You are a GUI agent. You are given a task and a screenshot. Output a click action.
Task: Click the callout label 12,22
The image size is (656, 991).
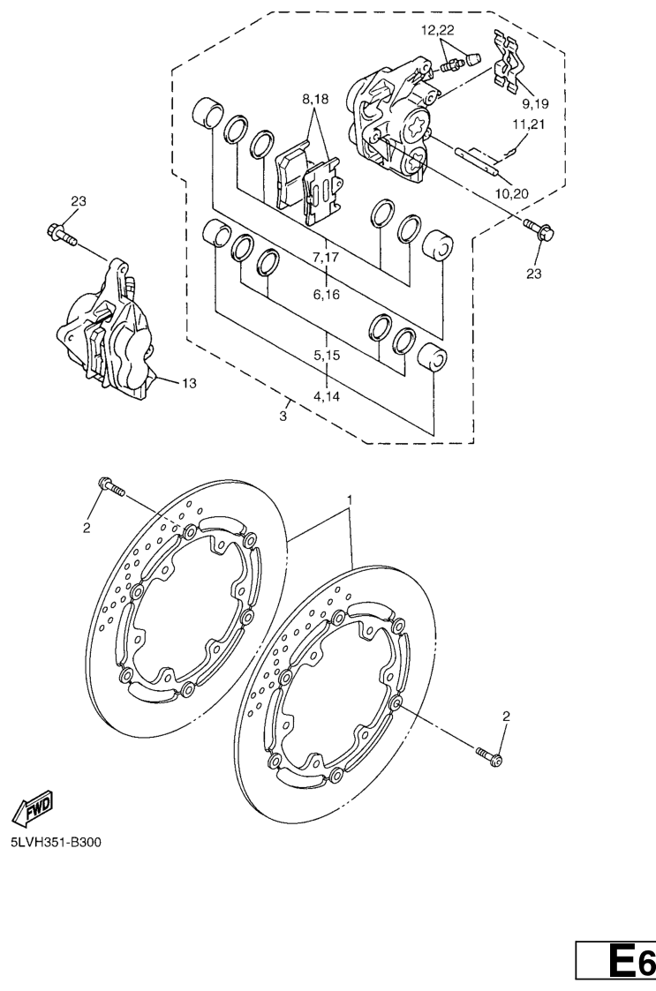[x=438, y=30]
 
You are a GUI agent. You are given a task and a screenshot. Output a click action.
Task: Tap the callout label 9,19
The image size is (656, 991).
[x=535, y=103]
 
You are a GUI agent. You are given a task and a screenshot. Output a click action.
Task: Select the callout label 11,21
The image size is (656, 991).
[x=529, y=124]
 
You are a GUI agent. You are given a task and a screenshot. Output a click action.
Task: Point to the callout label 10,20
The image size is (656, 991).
[x=512, y=193]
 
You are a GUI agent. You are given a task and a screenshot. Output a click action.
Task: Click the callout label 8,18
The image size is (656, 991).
[x=316, y=99]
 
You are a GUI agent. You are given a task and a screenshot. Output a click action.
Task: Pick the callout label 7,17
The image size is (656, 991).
[x=326, y=257]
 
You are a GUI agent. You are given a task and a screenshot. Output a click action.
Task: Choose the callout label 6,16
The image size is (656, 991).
[x=326, y=295]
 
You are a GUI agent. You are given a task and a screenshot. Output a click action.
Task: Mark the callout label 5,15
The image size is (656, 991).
[x=327, y=356]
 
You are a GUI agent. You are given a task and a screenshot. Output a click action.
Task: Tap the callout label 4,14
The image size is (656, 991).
[x=327, y=396]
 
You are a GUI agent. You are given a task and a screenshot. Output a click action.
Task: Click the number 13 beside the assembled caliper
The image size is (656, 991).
[x=189, y=383]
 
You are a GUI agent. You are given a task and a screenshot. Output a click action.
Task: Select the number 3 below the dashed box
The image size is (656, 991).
[x=283, y=417]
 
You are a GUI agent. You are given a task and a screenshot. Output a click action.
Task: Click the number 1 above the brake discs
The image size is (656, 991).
[x=350, y=499]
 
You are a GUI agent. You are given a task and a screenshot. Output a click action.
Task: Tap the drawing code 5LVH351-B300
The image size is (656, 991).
[x=56, y=842]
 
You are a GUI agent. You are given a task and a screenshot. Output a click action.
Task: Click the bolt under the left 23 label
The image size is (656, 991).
[x=61, y=234]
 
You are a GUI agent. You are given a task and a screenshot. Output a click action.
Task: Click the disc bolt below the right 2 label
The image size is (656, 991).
[x=490, y=756]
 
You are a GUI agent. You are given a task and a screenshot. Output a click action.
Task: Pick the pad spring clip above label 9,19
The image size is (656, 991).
[x=509, y=61]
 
